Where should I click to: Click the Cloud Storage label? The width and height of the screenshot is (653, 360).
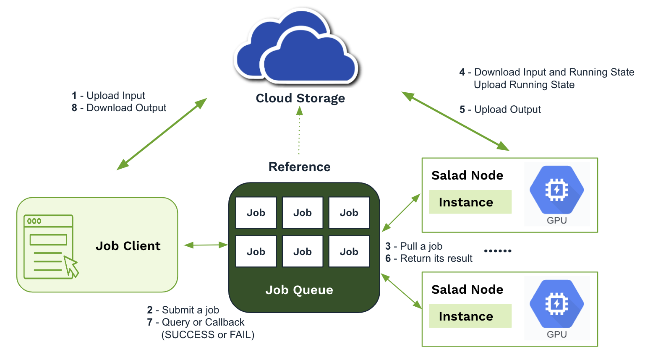[300, 98]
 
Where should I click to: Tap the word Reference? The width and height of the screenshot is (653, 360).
[299, 167]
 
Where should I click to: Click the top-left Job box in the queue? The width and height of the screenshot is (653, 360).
[256, 213]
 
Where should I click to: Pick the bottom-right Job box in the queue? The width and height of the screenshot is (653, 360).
[349, 252]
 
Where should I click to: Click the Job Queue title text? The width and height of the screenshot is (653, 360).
[299, 290]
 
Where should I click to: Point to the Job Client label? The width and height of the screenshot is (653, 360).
[128, 246]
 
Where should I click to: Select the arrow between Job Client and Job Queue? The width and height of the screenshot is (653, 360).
[206, 245]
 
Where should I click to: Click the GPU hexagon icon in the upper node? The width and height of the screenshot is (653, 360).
[556, 190]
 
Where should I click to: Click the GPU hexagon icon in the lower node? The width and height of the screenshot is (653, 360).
[556, 304]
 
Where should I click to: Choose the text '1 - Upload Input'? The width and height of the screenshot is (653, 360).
[108, 96]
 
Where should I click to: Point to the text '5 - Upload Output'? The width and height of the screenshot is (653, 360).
[500, 110]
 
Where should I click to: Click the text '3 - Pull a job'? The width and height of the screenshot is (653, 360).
[414, 246]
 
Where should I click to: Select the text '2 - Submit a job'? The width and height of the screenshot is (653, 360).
[183, 310]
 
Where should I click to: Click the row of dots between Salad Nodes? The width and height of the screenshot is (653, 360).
[498, 251]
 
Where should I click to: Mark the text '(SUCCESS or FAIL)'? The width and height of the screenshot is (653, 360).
[208, 335]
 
